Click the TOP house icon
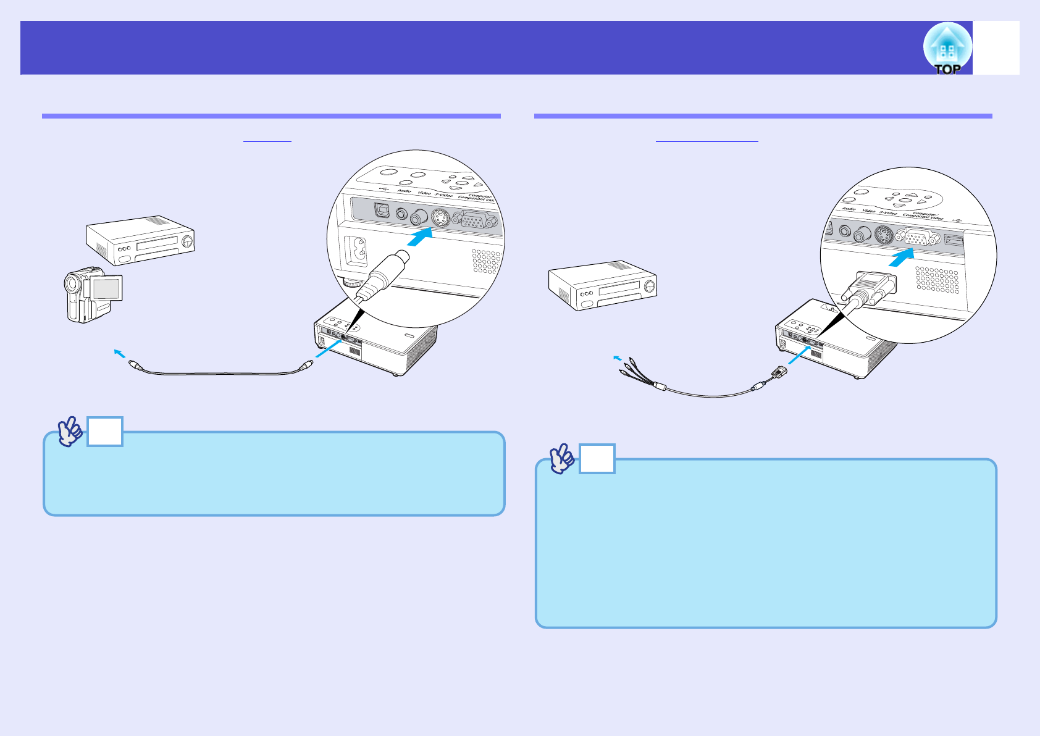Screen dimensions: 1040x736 coord(947,48)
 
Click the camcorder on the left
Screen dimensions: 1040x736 coord(93,295)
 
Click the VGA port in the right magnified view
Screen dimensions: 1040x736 coord(918,236)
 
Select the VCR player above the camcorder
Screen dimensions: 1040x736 coord(140,240)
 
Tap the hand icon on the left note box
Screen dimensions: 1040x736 coord(70,431)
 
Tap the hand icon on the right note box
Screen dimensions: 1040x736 coord(562,459)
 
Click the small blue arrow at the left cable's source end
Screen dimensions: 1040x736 coord(120,353)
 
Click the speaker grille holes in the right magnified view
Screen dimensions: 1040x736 coord(937,280)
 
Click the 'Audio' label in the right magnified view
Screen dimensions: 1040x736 coord(849,209)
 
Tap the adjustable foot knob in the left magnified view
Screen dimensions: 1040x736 coord(353,283)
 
